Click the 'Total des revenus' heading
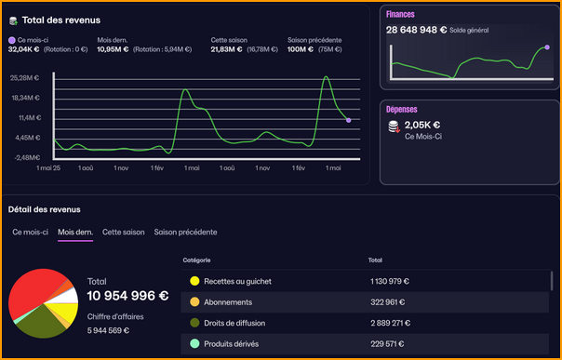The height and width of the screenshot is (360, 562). tap(60, 20)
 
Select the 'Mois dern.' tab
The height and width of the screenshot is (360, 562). tap(75, 232)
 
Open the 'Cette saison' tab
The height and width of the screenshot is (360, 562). tap(124, 232)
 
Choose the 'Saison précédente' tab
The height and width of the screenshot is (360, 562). tap(186, 232)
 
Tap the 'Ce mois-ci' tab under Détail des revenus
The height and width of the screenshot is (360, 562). tap(31, 232)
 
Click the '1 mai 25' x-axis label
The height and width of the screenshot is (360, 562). tap(48, 168)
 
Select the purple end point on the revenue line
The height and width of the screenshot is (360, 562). tap(348, 120)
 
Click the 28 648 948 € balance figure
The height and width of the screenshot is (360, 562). tap(418, 30)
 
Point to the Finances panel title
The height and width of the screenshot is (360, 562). tap(401, 14)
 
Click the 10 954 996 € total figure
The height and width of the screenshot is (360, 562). tap(127, 296)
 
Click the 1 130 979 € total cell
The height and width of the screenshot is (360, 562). tap(389, 281)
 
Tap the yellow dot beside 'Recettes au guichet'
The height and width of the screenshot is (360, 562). tap(194, 281)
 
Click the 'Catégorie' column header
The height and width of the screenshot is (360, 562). tap(196, 260)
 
